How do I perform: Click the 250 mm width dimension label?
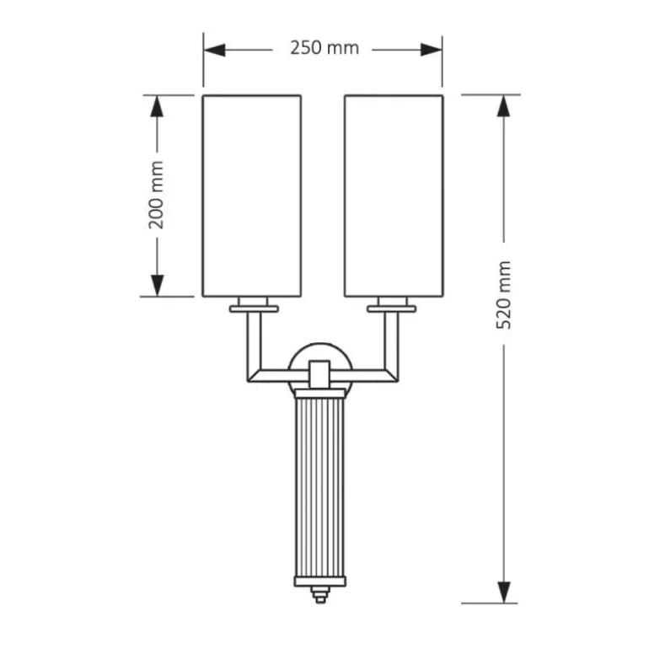coord(324,48)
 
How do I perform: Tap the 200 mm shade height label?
coord(156,195)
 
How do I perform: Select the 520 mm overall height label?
coord(504,295)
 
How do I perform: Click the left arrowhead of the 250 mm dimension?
coord(214,50)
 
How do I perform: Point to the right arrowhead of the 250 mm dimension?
coord(432,50)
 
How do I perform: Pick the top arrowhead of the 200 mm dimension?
coord(157,106)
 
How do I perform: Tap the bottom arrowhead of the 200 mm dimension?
coord(157,286)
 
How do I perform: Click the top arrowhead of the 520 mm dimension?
coord(503,106)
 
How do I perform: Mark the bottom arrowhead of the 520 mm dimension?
coord(503,592)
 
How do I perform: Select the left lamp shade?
coord(252,196)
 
